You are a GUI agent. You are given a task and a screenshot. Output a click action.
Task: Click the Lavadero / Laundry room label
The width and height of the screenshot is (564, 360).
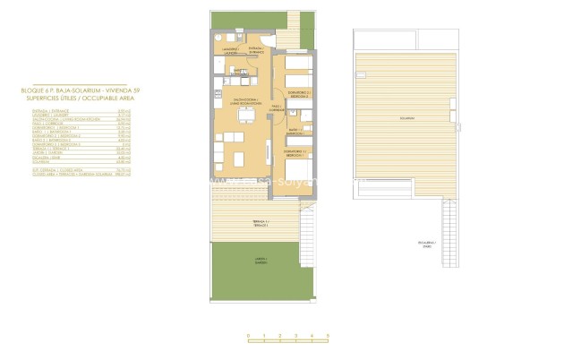point(231,49)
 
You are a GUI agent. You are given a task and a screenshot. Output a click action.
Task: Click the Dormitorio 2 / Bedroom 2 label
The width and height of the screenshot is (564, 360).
point(300,93)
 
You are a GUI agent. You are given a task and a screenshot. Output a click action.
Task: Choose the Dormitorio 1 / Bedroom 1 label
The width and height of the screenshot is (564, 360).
point(298,152)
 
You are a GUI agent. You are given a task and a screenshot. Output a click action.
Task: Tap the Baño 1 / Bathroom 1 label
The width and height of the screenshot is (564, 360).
point(293,132)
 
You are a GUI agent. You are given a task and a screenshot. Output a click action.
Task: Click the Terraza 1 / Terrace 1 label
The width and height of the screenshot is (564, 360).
point(260,223)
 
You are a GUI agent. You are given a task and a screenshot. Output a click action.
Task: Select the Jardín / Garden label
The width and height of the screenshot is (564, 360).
point(260,261)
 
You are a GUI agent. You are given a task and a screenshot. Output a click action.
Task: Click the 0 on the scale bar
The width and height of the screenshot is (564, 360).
point(248,334)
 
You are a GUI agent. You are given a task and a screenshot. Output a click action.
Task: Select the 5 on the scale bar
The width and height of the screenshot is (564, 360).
point(329,334)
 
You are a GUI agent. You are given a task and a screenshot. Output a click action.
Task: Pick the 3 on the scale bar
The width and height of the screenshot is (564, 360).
point(296,334)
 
